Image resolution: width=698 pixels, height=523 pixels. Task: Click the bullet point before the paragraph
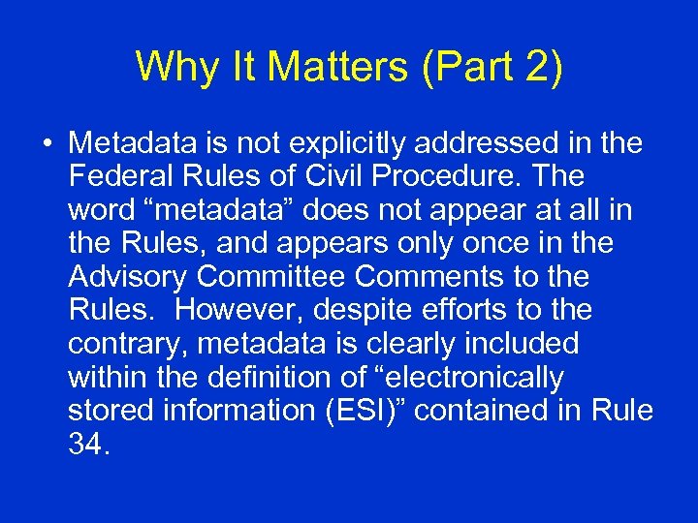47,144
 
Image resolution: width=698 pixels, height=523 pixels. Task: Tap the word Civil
326,177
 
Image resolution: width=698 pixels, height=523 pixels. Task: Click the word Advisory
128,277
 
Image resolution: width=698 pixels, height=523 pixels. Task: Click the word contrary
123,344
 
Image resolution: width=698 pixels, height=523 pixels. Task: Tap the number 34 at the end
87,444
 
